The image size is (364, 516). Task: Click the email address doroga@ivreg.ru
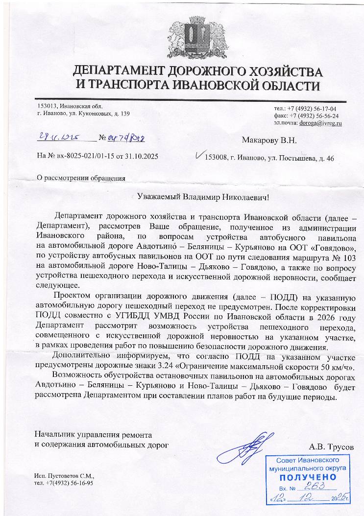tap(321, 123)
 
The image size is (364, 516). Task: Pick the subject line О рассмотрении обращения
tap(81, 178)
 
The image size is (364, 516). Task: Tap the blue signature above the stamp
tap(252, 445)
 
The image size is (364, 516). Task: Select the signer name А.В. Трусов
tap(331, 446)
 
